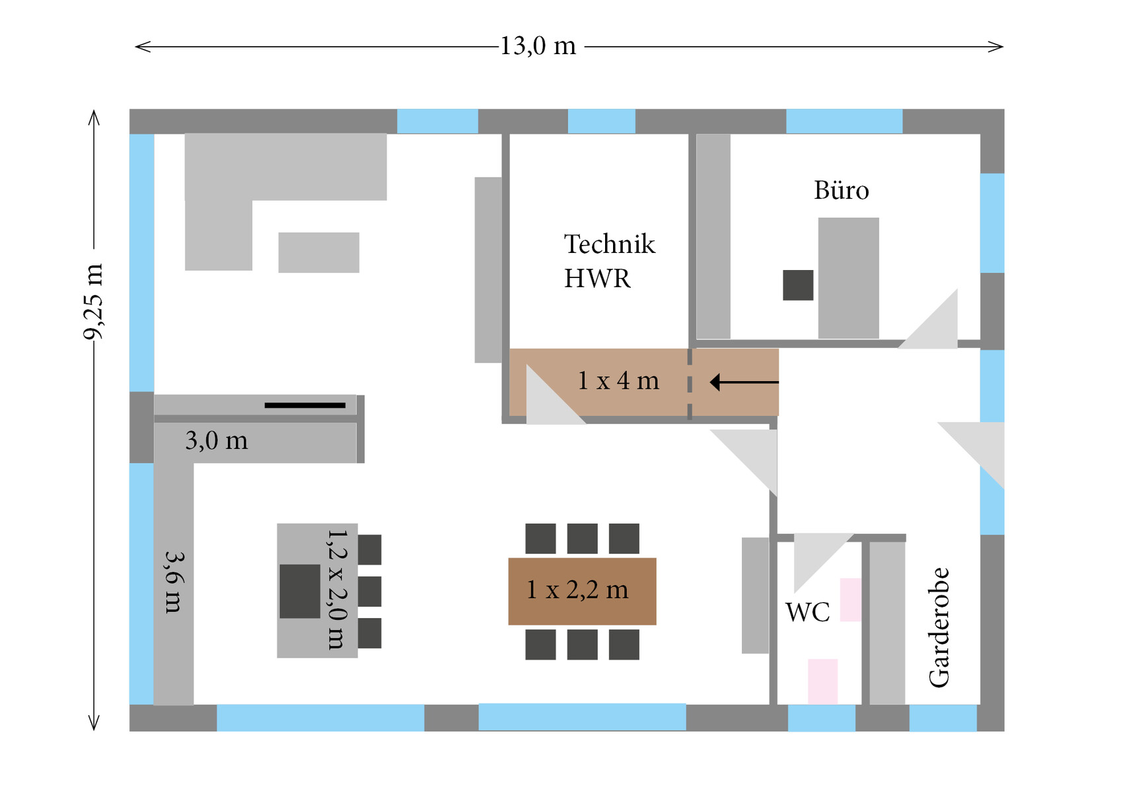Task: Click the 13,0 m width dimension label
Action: (538, 46)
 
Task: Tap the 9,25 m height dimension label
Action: (93, 301)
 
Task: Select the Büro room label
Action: (841, 191)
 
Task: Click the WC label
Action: (807, 613)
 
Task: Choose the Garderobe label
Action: (939, 627)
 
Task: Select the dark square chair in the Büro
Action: (798, 285)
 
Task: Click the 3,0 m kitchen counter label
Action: (217, 440)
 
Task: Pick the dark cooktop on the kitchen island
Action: (300, 591)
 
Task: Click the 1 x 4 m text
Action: (618, 381)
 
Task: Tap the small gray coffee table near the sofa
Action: (318, 252)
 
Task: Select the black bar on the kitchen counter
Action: (305, 405)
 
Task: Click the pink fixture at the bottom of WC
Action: (822, 681)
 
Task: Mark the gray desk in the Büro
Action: (848, 277)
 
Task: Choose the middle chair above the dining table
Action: (582, 538)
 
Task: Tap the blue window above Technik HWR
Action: (601, 121)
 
